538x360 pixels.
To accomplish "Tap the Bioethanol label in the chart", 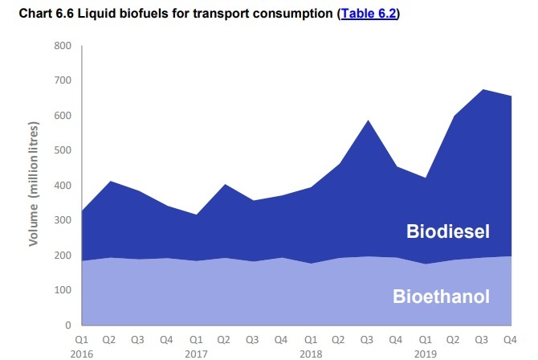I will [x=441, y=296].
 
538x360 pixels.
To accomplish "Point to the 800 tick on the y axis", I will [x=62, y=46].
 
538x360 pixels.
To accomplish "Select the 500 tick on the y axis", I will [x=62, y=150].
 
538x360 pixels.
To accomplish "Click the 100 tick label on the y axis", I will [x=62, y=290].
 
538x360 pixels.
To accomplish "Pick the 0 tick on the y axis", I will [x=67, y=325].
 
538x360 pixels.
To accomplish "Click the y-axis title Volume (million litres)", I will [x=34, y=186].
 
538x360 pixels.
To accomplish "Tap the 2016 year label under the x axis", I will [x=82, y=352].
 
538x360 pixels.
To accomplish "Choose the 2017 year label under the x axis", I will [x=195, y=352].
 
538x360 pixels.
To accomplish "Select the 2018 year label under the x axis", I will [x=310, y=352].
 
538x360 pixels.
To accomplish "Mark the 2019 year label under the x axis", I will [x=425, y=352].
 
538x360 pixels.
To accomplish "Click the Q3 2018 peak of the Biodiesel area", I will [x=368, y=121].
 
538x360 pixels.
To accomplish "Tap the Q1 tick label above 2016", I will [x=82, y=340].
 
